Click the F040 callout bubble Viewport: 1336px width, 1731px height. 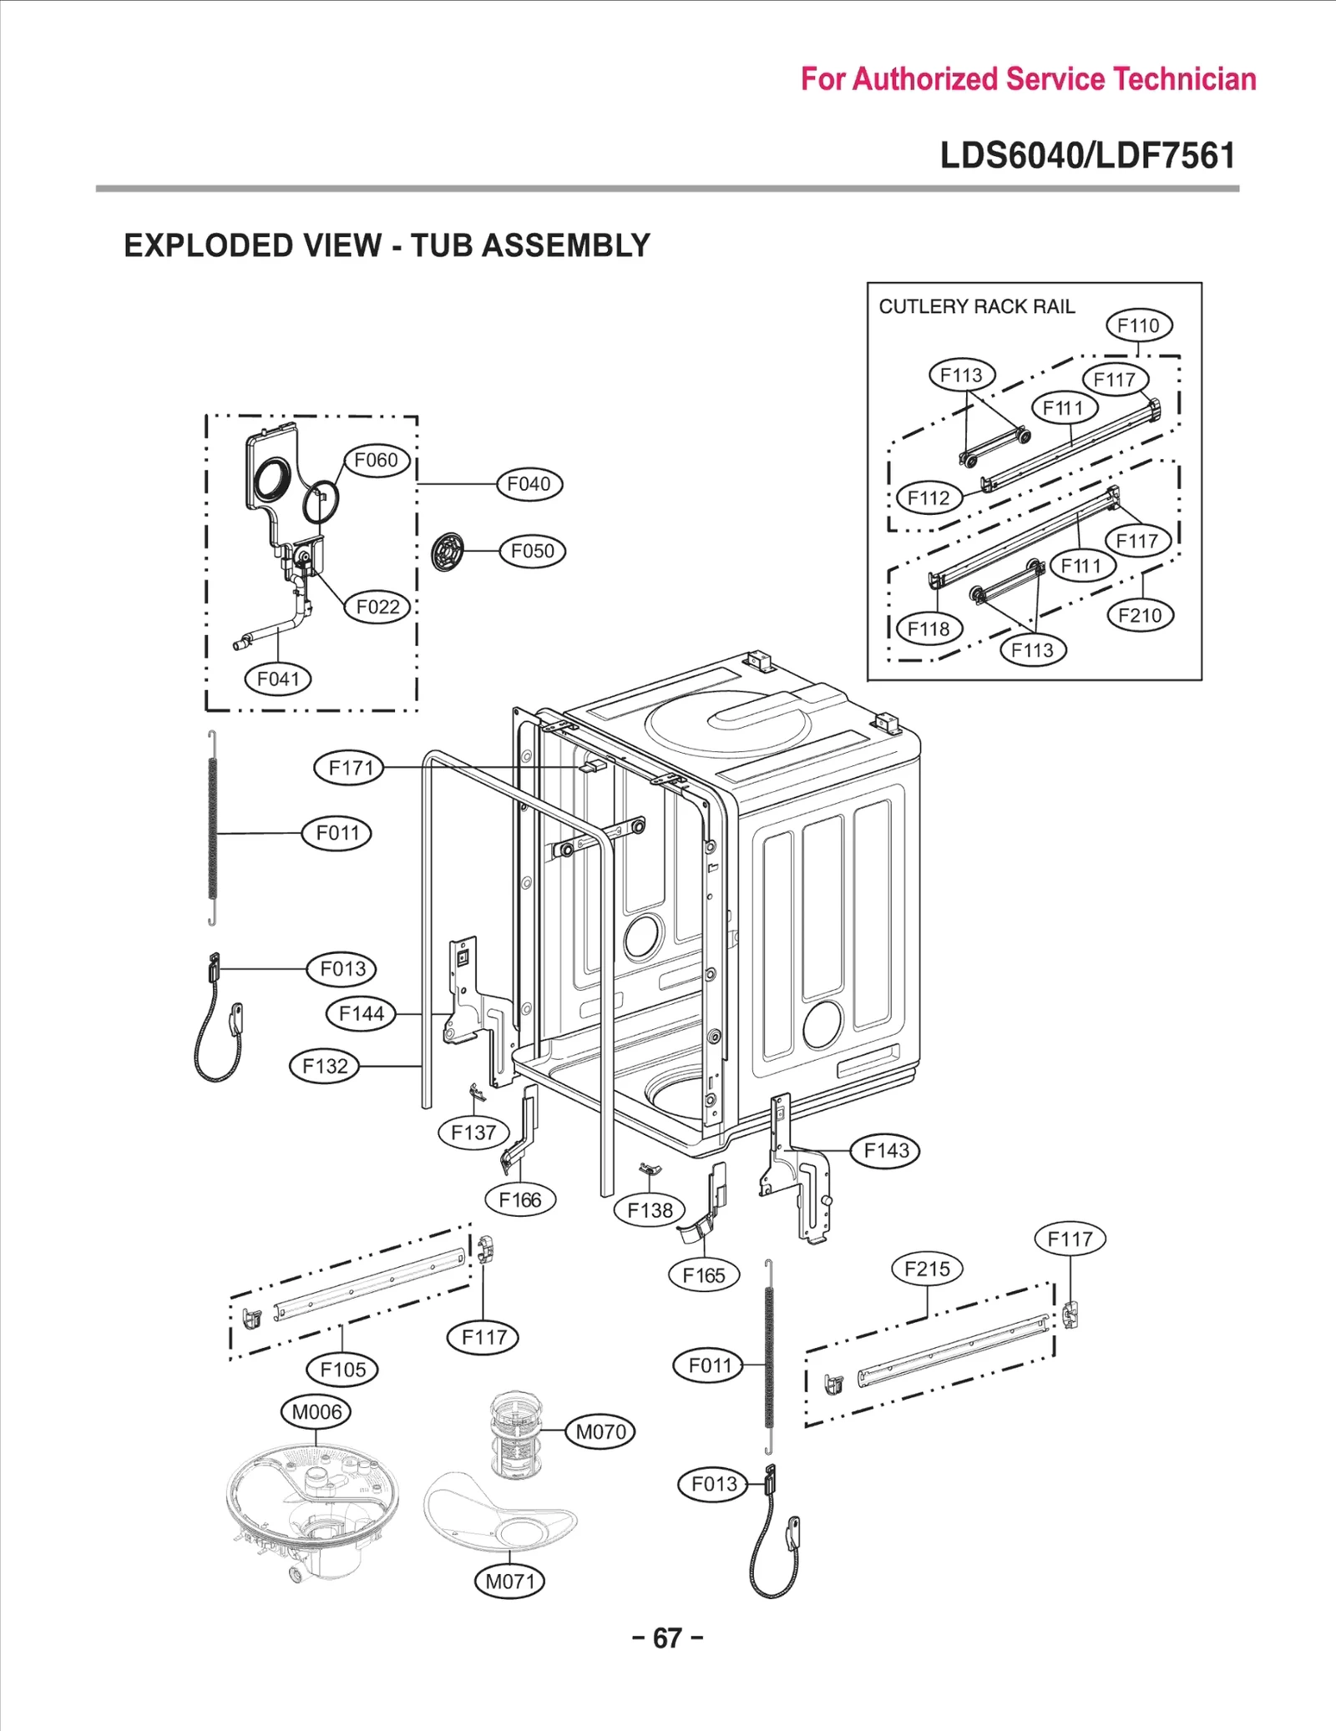[x=529, y=484]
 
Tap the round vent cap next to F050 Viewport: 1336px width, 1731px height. [x=448, y=552]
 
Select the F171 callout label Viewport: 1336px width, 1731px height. [x=349, y=767]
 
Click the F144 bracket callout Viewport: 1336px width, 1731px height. [x=361, y=1013]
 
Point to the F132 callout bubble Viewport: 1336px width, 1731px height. [x=324, y=1066]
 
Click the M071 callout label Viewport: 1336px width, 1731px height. [x=509, y=1581]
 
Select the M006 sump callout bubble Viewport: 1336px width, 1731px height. [x=316, y=1411]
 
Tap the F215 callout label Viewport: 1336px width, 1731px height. [x=927, y=1269]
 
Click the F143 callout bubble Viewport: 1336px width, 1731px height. [x=886, y=1150]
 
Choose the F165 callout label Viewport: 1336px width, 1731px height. [x=704, y=1274]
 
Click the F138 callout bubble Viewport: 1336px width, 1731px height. [x=650, y=1209]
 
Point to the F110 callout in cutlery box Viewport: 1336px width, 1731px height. [x=1139, y=326]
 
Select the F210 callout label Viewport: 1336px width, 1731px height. [x=1140, y=616]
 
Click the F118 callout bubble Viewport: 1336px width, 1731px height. [x=929, y=628]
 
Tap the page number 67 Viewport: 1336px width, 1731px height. [x=667, y=1638]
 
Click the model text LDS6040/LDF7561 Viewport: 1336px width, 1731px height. [x=1087, y=156]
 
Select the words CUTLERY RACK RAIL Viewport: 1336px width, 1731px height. [x=976, y=307]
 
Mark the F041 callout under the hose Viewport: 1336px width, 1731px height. [x=277, y=679]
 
